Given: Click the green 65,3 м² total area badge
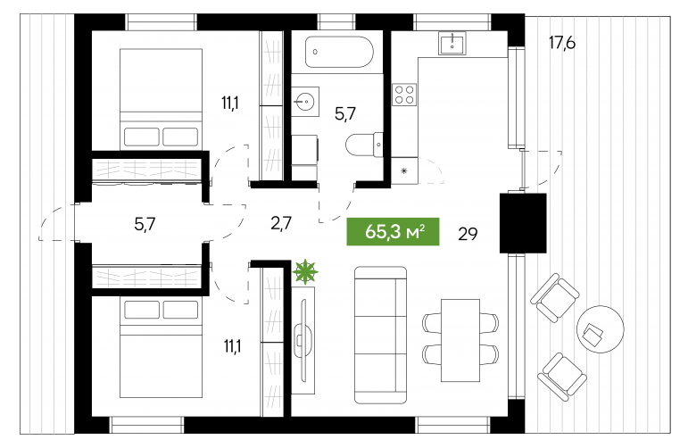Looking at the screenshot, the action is click(393, 231).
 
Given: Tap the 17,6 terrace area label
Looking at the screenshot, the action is click(561, 43).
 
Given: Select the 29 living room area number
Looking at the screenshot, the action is click(468, 234).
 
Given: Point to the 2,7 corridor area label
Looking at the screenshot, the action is click(281, 223).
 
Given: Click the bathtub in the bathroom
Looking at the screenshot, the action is click(339, 52).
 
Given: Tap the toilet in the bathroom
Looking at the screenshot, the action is click(364, 144).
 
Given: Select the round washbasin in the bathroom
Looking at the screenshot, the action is click(305, 102).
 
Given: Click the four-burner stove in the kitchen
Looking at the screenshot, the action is click(404, 95).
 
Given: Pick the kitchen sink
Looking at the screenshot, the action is click(452, 44).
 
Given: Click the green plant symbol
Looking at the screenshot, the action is click(305, 271).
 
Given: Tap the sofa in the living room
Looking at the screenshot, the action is click(380, 335).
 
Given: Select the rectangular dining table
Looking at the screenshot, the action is click(460, 341).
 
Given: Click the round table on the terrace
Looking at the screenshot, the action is click(601, 329).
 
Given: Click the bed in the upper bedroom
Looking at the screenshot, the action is click(161, 99).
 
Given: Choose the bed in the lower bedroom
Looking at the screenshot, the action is click(161, 347).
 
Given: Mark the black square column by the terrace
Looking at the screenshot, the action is click(523, 223).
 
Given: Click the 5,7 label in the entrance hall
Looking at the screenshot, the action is click(145, 225).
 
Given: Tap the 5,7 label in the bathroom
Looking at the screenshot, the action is click(345, 114).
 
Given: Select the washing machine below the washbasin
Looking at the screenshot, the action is click(304, 150).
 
